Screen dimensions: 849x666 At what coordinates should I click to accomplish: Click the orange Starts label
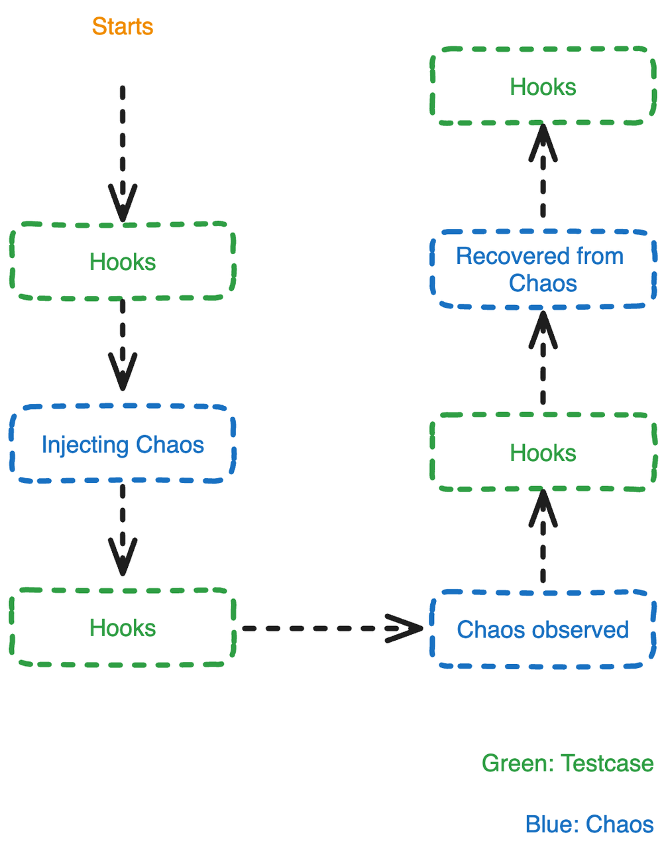123,27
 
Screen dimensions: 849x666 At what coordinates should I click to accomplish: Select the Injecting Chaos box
123,444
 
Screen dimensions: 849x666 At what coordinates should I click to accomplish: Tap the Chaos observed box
543,629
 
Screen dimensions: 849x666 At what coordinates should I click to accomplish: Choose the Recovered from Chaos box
543,269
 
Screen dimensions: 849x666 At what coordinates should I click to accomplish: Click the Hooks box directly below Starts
123,262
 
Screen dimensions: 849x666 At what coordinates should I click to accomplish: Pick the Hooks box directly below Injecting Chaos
123,627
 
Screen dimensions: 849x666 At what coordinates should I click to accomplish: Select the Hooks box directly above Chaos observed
543,452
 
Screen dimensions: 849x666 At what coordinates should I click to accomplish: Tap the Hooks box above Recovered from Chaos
543,86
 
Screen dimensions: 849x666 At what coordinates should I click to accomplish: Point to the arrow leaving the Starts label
123,153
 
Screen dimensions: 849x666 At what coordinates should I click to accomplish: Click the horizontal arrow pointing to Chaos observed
331,627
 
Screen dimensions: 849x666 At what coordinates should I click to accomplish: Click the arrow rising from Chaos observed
543,537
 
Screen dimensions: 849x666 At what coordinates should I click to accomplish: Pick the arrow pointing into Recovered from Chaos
543,358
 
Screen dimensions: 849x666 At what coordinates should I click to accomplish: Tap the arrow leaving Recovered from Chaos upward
543,172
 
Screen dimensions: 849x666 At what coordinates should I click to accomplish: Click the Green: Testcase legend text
567,763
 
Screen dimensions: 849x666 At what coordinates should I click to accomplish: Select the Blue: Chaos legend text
589,824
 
